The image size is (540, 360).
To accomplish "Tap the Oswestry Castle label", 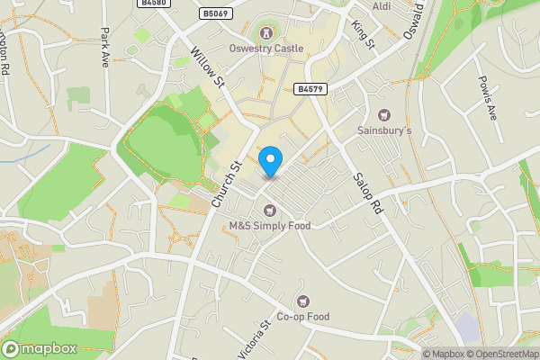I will click(265, 49).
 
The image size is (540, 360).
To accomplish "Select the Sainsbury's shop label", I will click(385, 130).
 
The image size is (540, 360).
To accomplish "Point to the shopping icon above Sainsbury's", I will click(385, 114).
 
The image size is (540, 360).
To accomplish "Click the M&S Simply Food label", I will click(269, 226).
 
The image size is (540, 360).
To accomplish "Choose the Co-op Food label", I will click(303, 317).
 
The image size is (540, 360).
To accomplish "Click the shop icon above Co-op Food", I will click(303, 301).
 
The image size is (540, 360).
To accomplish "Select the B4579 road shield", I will click(309, 89).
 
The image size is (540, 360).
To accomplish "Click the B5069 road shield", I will click(215, 13).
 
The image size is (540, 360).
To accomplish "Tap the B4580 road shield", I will click(155, 4).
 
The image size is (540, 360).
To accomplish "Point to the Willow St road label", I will click(208, 67).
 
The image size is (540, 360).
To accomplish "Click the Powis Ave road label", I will click(488, 98).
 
